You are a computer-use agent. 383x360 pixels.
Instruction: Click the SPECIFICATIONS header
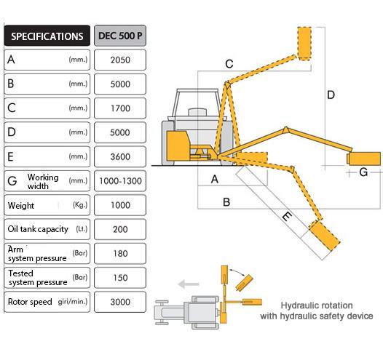tap(47, 36)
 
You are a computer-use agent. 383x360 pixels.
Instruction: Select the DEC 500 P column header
tap(120, 36)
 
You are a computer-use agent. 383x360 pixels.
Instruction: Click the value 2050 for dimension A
tap(120, 60)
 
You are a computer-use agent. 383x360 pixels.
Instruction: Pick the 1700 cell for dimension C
tap(120, 108)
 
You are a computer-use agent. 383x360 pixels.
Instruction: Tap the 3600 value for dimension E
tap(120, 156)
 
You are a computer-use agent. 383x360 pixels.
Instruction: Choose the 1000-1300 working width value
tap(120, 181)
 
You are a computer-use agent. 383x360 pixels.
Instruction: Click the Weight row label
tap(21, 206)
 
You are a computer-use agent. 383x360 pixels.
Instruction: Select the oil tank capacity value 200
tap(120, 229)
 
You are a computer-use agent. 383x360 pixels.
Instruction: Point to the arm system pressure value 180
tap(120, 253)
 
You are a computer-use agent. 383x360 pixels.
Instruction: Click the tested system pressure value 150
tap(120, 278)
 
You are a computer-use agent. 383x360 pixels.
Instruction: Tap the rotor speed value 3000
tap(120, 302)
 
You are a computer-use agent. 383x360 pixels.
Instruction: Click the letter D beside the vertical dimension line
tap(331, 95)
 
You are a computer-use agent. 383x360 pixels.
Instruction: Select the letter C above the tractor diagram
tap(229, 64)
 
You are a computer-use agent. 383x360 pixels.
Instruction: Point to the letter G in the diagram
tap(363, 172)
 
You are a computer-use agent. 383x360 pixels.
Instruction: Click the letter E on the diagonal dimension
tap(287, 216)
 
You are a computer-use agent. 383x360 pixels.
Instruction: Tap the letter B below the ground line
tap(226, 202)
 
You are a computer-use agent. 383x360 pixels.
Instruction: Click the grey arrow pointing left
tap(189, 284)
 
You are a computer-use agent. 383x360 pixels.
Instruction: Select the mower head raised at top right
tap(304, 44)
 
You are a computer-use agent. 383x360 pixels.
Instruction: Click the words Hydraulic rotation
tap(317, 305)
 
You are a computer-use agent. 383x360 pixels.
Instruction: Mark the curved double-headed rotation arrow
tap(237, 271)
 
